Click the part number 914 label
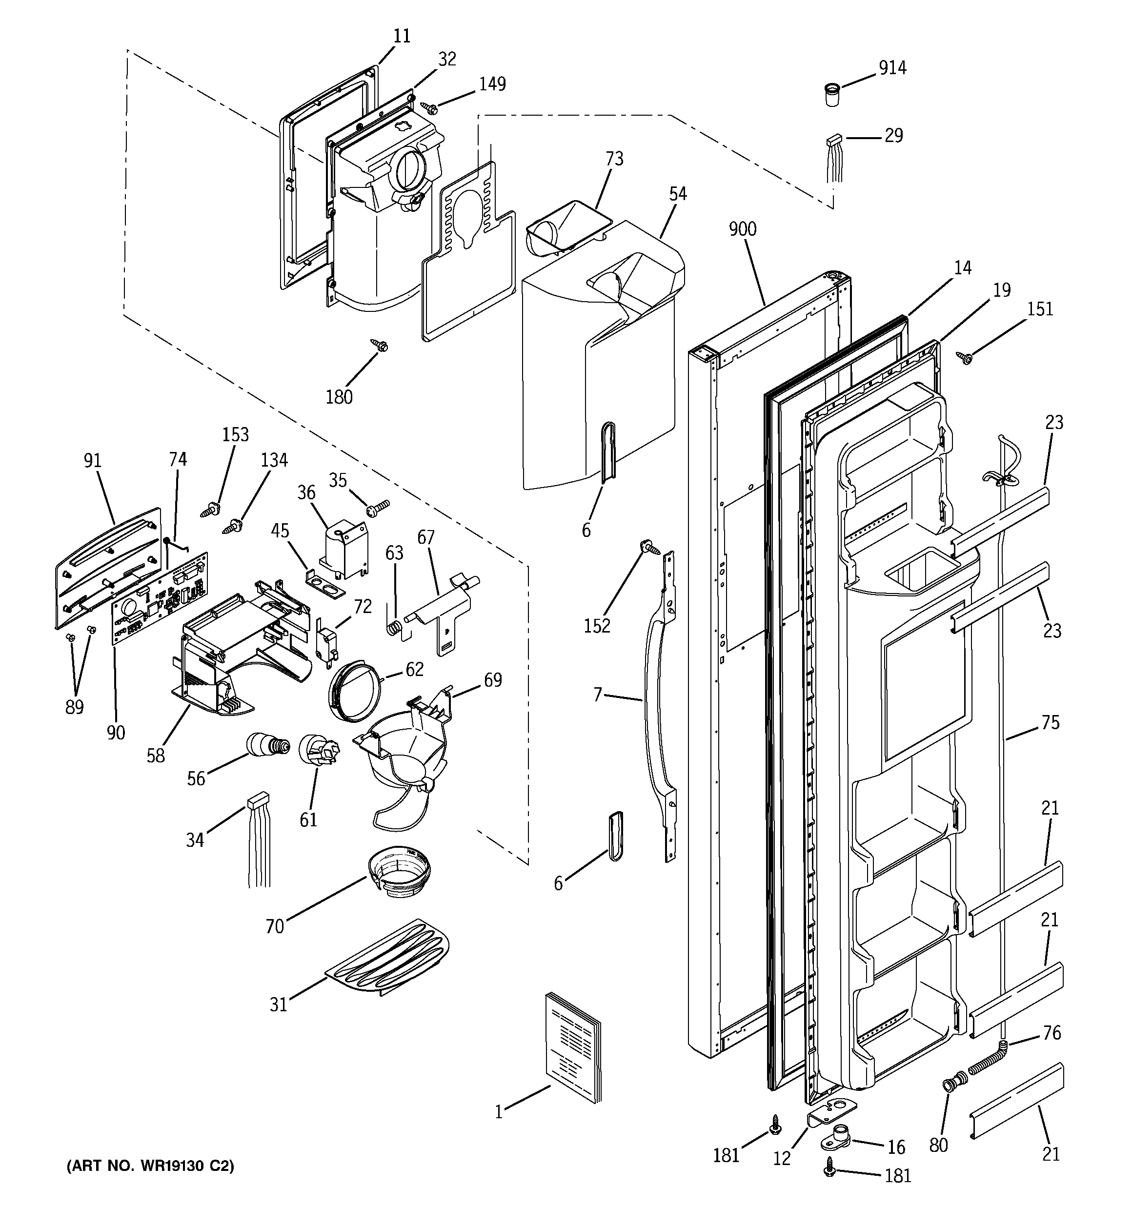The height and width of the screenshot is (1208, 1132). (x=892, y=67)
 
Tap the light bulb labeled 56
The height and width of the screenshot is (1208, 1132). (x=265, y=744)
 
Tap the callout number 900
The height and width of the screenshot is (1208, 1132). (x=743, y=229)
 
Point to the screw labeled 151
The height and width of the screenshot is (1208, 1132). (x=964, y=357)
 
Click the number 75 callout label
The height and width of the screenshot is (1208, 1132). (x=1050, y=722)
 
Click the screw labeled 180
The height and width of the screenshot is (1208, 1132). (x=381, y=346)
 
